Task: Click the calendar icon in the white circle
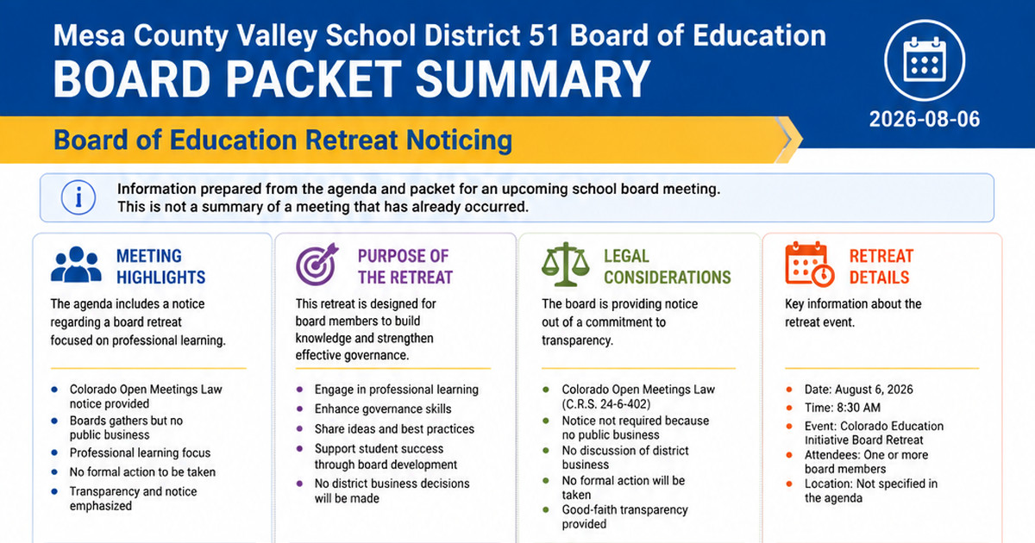924,59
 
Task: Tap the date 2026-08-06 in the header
924,119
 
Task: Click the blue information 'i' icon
78,197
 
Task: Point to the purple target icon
317,264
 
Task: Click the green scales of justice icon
566,264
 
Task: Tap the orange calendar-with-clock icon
810,264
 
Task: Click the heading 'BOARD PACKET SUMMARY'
352,79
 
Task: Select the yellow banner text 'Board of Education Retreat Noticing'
283,140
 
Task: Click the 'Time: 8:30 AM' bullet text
843,408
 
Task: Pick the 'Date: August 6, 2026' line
858,390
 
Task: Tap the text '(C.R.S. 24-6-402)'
606,404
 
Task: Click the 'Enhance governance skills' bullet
383,409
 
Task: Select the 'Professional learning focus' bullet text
140,453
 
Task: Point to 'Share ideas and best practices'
394,429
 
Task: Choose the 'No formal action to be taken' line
142,472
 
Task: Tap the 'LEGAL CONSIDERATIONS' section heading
668,266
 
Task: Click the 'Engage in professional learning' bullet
397,390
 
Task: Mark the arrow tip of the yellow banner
802,140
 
